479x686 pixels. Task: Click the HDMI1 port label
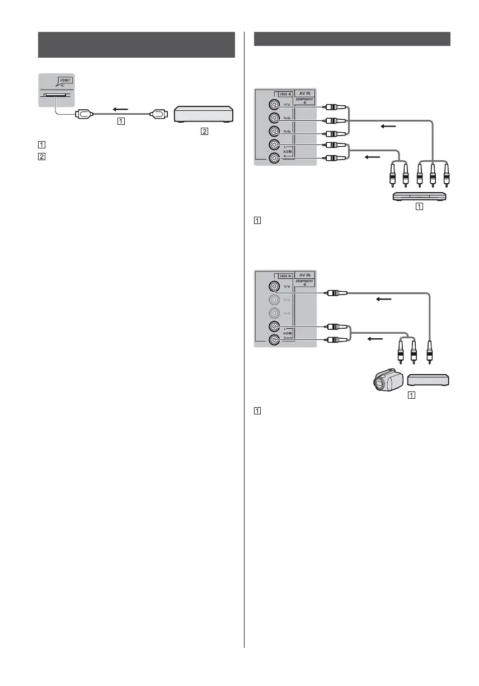pos(66,80)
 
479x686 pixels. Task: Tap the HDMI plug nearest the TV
pos(84,114)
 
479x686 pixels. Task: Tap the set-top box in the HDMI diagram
pos(204,114)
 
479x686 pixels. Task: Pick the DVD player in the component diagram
pos(419,196)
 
